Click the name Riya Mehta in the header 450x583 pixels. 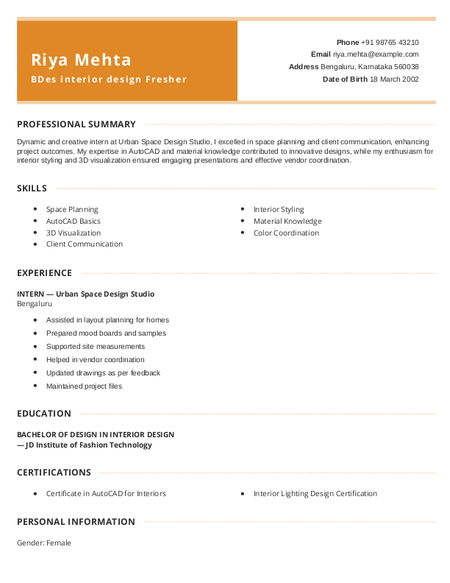click(81, 60)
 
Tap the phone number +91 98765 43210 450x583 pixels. click(390, 43)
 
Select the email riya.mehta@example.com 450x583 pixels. click(375, 54)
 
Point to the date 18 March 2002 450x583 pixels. click(394, 79)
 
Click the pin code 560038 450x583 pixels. click(407, 66)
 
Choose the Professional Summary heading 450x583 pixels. click(76, 124)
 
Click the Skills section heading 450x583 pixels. click(32, 188)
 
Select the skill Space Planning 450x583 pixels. click(72, 210)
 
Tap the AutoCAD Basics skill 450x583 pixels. click(74, 221)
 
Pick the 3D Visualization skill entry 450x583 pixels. click(74, 233)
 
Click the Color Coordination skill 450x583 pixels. click(286, 233)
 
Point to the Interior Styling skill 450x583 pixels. click(279, 210)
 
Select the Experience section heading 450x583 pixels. click(44, 273)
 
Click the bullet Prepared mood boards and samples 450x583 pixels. click(106, 333)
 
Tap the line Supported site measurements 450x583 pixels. click(96, 347)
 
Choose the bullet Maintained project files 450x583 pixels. click(84, 386)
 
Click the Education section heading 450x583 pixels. click(44, 414)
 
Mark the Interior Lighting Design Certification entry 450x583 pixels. click(315, 494)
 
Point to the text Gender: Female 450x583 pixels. click(44, 543)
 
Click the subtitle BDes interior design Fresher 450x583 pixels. click(109, 79)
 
